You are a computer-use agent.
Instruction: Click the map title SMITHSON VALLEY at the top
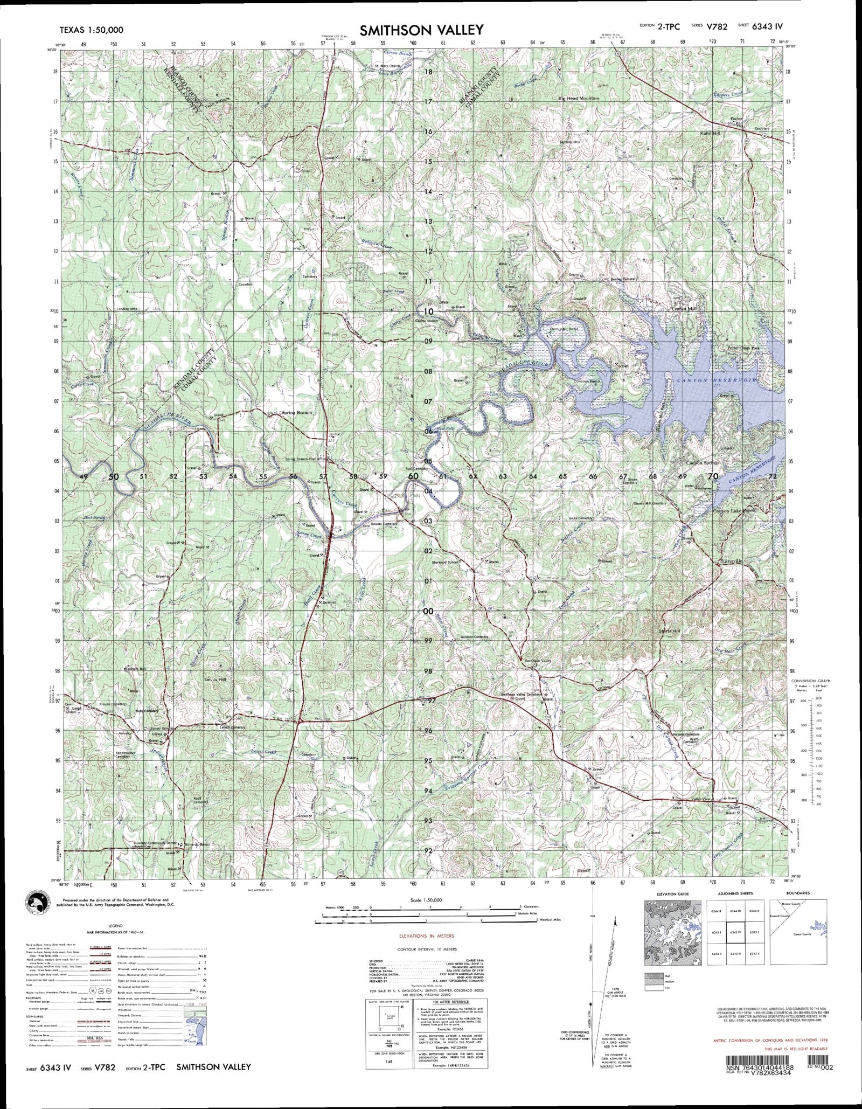click(x=422, y=30)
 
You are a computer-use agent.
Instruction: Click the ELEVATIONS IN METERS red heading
click(x=426, y=935)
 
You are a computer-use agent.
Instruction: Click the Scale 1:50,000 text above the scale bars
click(x=426, y=900)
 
